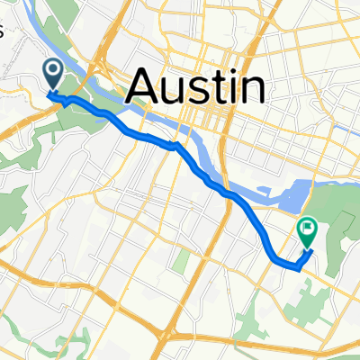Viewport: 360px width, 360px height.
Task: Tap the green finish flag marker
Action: pos(307,232)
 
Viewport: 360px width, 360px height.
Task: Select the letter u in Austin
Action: pos(176,90)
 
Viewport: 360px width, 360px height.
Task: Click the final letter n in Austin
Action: pos(252,90)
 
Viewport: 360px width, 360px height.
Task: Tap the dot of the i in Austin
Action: pos(231,72)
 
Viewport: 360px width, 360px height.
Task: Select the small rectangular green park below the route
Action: pos(181,262)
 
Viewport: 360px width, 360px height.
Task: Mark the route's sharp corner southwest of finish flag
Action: pos(298,267)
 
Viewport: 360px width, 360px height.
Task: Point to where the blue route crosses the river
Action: pos(174,144)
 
